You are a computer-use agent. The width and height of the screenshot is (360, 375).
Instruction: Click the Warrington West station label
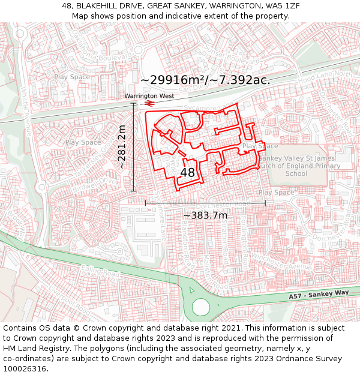point(149,96)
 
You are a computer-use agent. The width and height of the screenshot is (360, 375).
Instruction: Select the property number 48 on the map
point(187,173)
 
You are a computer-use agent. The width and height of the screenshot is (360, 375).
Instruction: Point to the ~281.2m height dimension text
point(122,147)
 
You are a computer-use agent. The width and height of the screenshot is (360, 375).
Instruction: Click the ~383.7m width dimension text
point(205,215)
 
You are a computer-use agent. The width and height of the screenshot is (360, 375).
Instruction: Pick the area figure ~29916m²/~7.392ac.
point(205,80)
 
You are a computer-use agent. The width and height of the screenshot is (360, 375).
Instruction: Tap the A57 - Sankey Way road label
point(318,295)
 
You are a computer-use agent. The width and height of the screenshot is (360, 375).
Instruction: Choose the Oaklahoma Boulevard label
point(90,45)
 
